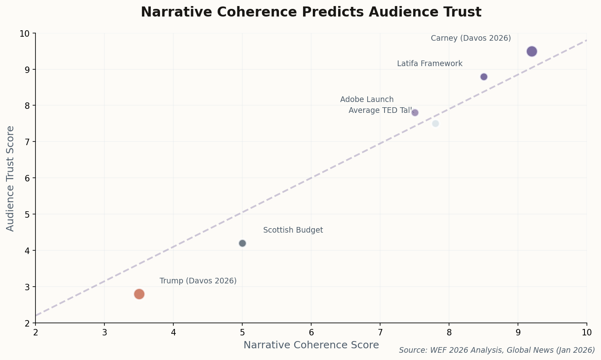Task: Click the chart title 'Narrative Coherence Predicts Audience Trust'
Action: pyautogui.click(x=311, y=12)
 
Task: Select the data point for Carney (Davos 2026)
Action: pyautogui.click(x=532, y=52)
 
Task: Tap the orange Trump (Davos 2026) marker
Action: pyautogui.click(x=139, y=294)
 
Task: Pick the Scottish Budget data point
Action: pyautogui.click(x=242, y=243)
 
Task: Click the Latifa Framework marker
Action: pyautogui.click(x=484, y=77)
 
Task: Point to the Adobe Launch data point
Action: pyautogui.click(x=415, y=112)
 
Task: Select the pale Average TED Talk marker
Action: pyautogui.click(x=435, y=123)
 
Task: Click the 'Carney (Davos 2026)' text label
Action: pyautogui.click(x=471, y=38)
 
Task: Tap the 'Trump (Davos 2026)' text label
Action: pyautogui.click(x=198, y=281)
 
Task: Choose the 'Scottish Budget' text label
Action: pyautogui.click(x=293, y=230)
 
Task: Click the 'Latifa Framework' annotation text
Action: pyautogui.click(x=430, y=64)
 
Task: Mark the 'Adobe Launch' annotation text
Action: pyautogui.click(x=367, y=100)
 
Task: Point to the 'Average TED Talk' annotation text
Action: pyautogui.click(x=381, y=110)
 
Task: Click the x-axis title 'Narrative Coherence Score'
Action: pyautogui.click(x=311, y=345)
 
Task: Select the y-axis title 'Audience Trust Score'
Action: pyautogui.click(x=10, y=178)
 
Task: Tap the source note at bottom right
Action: pyautogui.click(x=497, y=350)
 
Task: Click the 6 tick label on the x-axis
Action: pyautogui.click(x=311, y=332)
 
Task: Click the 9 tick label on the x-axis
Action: pyautogui.click(x=518, y=332)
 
